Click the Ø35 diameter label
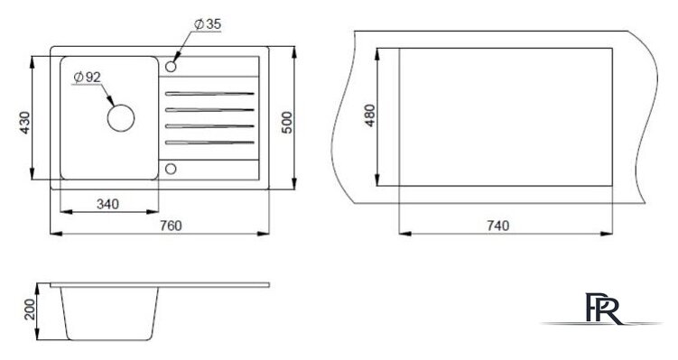208,24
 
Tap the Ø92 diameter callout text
87,78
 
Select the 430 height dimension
24,123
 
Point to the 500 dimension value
287,123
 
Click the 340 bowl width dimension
107,204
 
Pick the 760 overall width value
171,226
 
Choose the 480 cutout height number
370,115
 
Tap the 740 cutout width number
498,226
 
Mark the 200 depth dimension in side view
30,309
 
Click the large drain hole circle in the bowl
121,117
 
